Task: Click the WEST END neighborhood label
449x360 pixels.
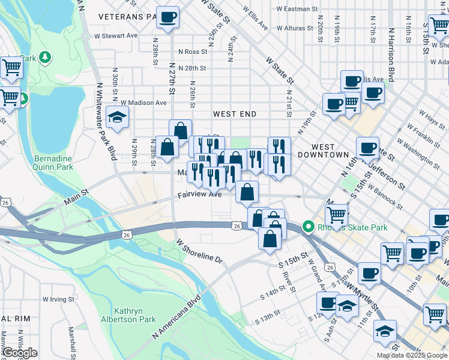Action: point(235,114)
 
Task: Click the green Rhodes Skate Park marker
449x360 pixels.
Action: point(309,227)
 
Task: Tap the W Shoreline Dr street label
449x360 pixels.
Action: point(199,251)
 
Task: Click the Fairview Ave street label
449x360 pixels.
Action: point(200,195)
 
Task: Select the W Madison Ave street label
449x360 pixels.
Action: point(143,103)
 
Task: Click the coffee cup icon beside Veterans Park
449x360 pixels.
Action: point(167,17)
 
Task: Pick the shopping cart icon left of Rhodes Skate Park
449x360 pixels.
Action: point(337,214)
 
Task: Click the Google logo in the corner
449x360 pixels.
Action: point(19,353)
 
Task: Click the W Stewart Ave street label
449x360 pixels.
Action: point(120,36)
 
